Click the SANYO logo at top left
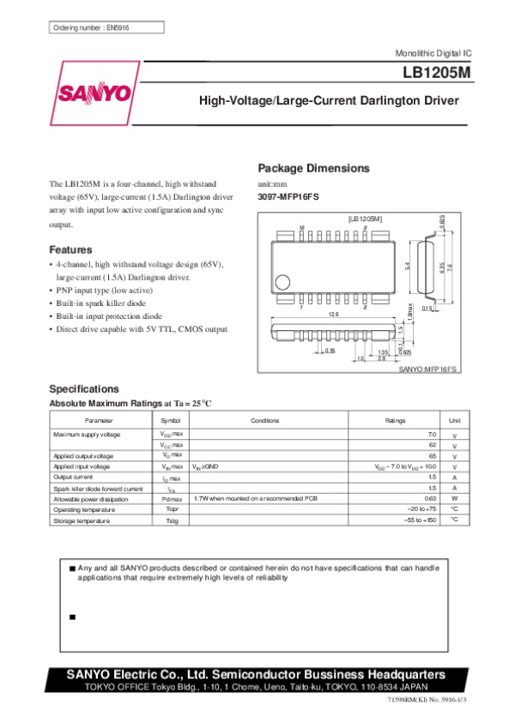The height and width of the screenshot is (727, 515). pos(94,93)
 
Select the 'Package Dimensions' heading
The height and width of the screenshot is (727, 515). pos(313,168)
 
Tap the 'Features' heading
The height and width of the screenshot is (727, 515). pos(70,249)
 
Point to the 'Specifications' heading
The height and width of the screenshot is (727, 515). pos(84,388)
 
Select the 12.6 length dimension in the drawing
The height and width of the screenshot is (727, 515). pos(332,315)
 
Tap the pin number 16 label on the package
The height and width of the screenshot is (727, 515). pos(301,227)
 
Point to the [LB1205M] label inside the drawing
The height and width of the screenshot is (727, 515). pos(365,219)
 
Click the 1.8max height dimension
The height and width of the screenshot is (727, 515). pos(410,316)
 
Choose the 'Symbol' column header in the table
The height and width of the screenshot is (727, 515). pos(171,421)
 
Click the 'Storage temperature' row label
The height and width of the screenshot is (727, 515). pos(78,520)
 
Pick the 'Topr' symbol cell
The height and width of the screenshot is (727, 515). pos(172,509)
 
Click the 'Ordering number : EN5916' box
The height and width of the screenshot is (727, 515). pos(91,27)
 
